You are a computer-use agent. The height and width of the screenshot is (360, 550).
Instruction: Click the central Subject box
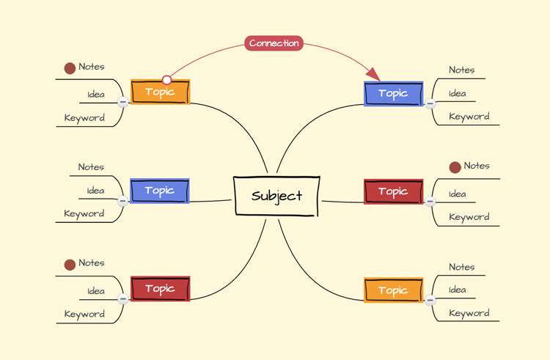(276, 196)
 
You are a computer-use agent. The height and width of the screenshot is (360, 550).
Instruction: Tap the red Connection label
(274, 43)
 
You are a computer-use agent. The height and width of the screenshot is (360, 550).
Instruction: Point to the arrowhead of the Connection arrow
(373, 74)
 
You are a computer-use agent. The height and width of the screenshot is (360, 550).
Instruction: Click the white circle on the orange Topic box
(167, 80)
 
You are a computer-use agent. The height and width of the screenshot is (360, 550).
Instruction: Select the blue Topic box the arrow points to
(394, 94)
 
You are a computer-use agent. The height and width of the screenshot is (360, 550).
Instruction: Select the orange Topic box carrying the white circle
(161, 92)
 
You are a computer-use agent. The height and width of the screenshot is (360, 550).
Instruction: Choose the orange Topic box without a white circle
(394, 290)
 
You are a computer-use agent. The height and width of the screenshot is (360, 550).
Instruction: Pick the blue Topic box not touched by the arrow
(160, 191)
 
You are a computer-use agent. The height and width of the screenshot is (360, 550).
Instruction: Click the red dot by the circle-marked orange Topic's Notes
(70, 68)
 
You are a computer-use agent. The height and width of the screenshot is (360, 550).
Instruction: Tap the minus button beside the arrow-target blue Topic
(430, 103)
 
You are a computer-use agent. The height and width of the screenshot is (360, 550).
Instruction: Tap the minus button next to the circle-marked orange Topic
(122, 102)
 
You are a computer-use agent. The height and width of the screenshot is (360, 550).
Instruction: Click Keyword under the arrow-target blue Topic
(469, 117)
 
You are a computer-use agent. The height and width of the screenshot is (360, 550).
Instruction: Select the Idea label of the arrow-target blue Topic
(458, 94)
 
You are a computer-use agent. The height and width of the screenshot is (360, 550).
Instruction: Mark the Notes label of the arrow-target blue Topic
(461, 70)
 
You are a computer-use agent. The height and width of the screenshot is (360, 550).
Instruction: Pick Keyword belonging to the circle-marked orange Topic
(84, 118)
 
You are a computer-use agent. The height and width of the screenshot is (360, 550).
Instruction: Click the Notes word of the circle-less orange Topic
(461, 267)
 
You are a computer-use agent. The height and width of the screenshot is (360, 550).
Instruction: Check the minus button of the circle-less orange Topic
(430, 300)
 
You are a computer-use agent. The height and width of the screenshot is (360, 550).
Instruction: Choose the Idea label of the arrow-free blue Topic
(96, 191)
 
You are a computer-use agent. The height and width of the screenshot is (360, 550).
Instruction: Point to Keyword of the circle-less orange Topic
(469, 313)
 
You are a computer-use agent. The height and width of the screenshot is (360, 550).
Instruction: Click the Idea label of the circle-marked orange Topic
(96, 95)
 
